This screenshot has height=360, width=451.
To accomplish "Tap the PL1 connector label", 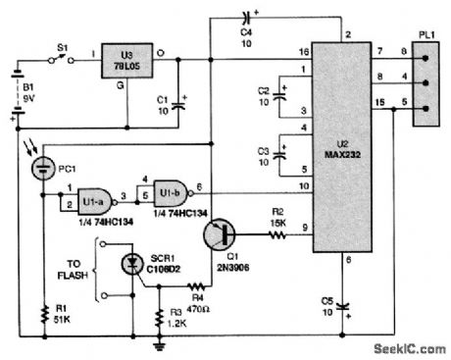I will click(x=421, y=41).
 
